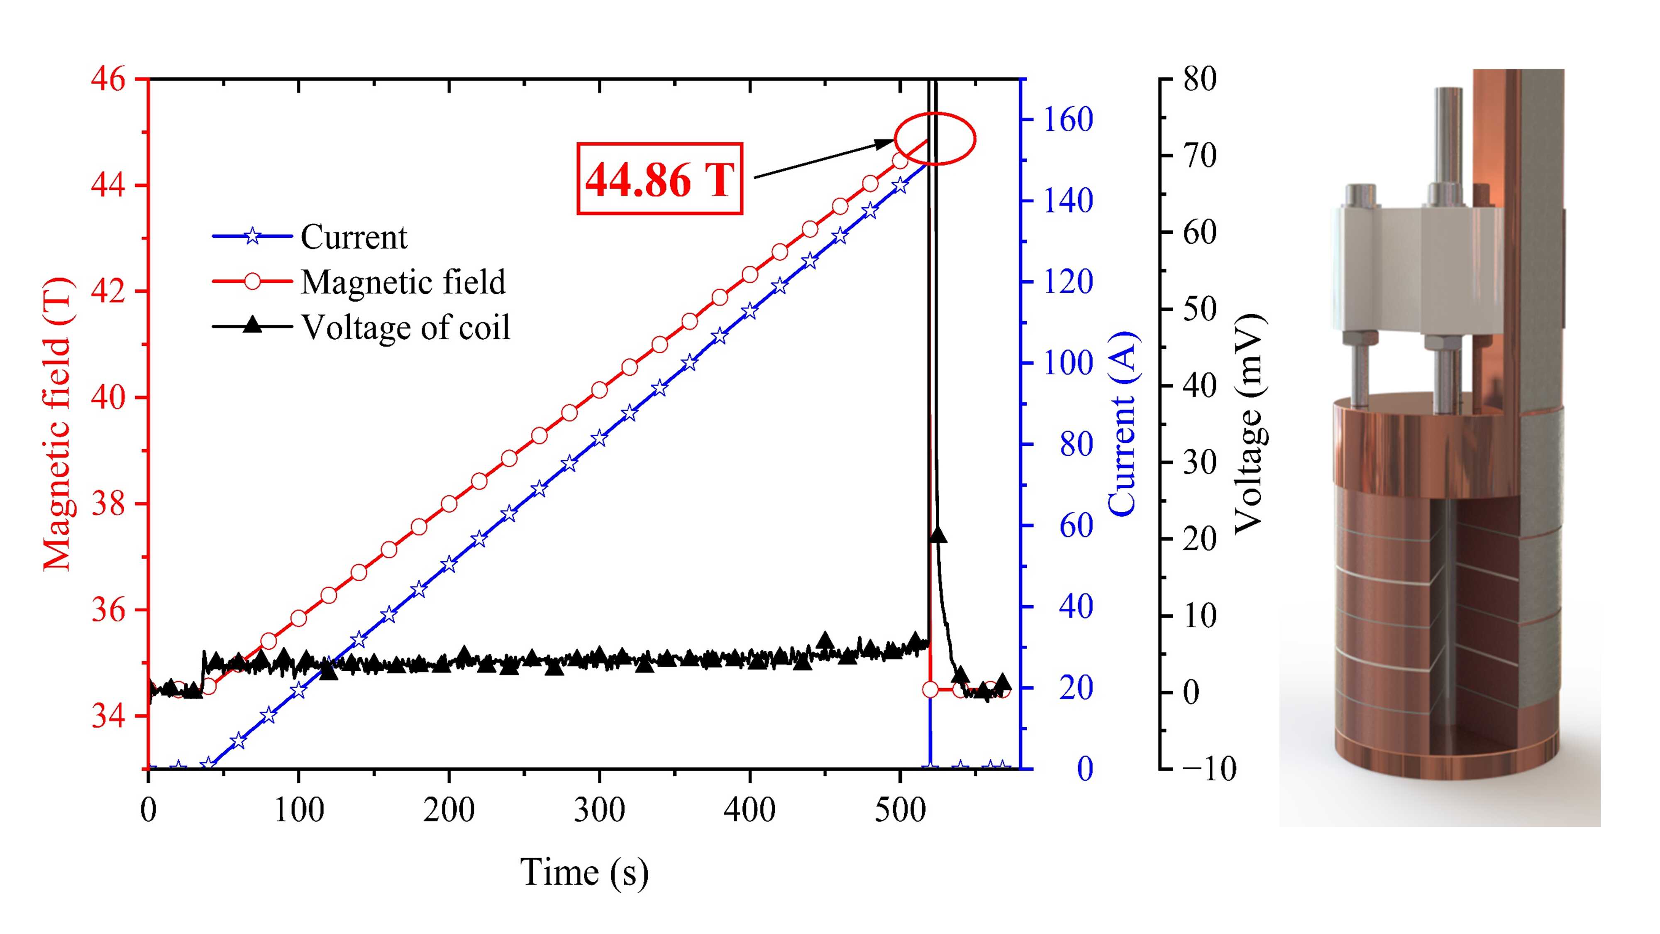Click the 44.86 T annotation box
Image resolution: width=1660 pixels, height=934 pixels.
pos(659,178)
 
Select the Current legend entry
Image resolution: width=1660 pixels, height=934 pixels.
pos(353,237)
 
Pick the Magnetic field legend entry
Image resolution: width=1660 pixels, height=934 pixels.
pos(403,282)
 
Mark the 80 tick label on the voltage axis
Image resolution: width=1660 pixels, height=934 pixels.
pos(1199,80)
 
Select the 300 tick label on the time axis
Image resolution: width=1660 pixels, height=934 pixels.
pos(599,809)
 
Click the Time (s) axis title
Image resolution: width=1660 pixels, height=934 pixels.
pos(584,872)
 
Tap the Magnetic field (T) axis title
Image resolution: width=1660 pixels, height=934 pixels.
pos(58,423)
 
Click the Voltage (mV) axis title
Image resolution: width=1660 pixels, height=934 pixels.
pos(1248,423)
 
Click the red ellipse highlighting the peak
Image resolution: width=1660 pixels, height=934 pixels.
pos(935,139)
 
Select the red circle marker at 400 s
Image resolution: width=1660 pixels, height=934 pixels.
pos(749,274)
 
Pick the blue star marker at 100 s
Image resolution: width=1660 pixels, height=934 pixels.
pos(298,690)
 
